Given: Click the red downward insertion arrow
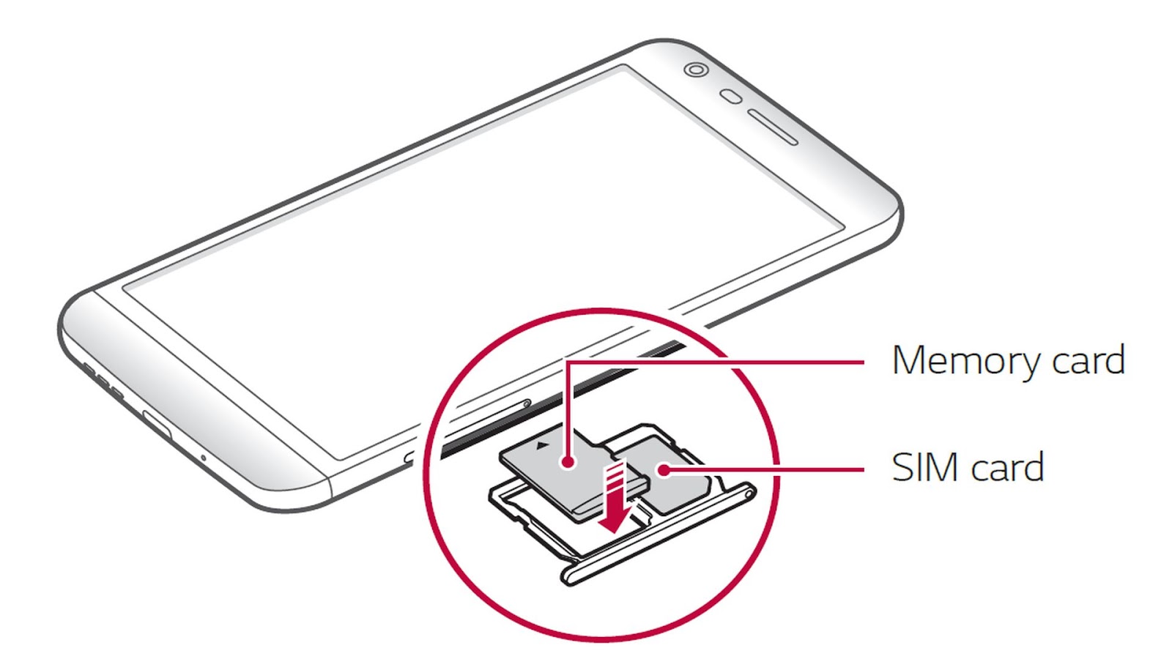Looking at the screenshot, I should [x=614, y=498].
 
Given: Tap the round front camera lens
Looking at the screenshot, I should [x=696, y=70].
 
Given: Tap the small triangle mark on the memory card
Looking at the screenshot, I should [x=543, y=444].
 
